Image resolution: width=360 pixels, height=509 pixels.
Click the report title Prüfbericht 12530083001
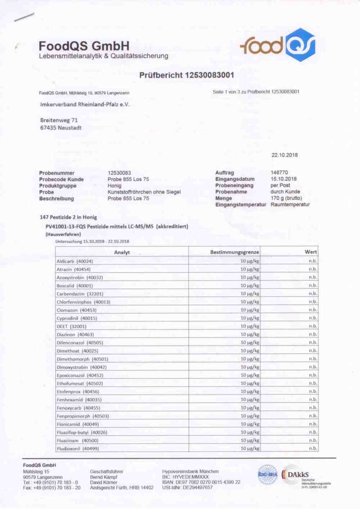pyautogui.click(x=186, y=75)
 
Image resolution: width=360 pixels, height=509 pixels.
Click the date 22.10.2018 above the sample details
pyautogui.click(x=284, y=155)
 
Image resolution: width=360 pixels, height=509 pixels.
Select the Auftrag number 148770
pyautogui.click(x=279, y=173)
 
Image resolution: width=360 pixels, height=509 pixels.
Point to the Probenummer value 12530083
pyautogui.click(x=119, y=173)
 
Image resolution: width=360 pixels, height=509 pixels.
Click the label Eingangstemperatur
pyautogui.click(x=240, y=205)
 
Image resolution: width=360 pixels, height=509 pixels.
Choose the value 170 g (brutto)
pyautogui.click(x=286, y=198)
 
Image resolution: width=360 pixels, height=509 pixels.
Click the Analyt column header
pyautogui.click(x=122, y=252)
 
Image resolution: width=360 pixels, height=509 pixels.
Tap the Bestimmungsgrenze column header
pyautogui.click(x=234, y=252)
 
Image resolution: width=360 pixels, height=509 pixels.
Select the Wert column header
pyautogui.click(x=311, y=252)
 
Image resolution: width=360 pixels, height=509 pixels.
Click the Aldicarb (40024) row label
pyautogui.click(x=75, y=261)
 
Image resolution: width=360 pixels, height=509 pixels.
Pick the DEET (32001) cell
pyautogui.click(x=71, y=326)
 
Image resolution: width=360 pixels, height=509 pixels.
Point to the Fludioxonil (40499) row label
pyautogui.click(x=78, y=448)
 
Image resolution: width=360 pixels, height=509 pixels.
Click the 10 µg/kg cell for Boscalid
pyautogui.click(x=249, y=286)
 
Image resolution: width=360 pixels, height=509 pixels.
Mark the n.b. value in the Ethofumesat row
pyautogui.click(x=313, y=383)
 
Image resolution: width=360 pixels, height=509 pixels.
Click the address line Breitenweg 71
pyautogui.click(x=59, y=120)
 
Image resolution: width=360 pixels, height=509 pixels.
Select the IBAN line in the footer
pyautogui.click(x=201, y=482)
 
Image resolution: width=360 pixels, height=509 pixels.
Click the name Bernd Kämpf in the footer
pyautogui.click(x=104, y=477)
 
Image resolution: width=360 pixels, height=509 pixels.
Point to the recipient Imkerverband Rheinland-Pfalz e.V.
pyautogui.click(x=85, y=104)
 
